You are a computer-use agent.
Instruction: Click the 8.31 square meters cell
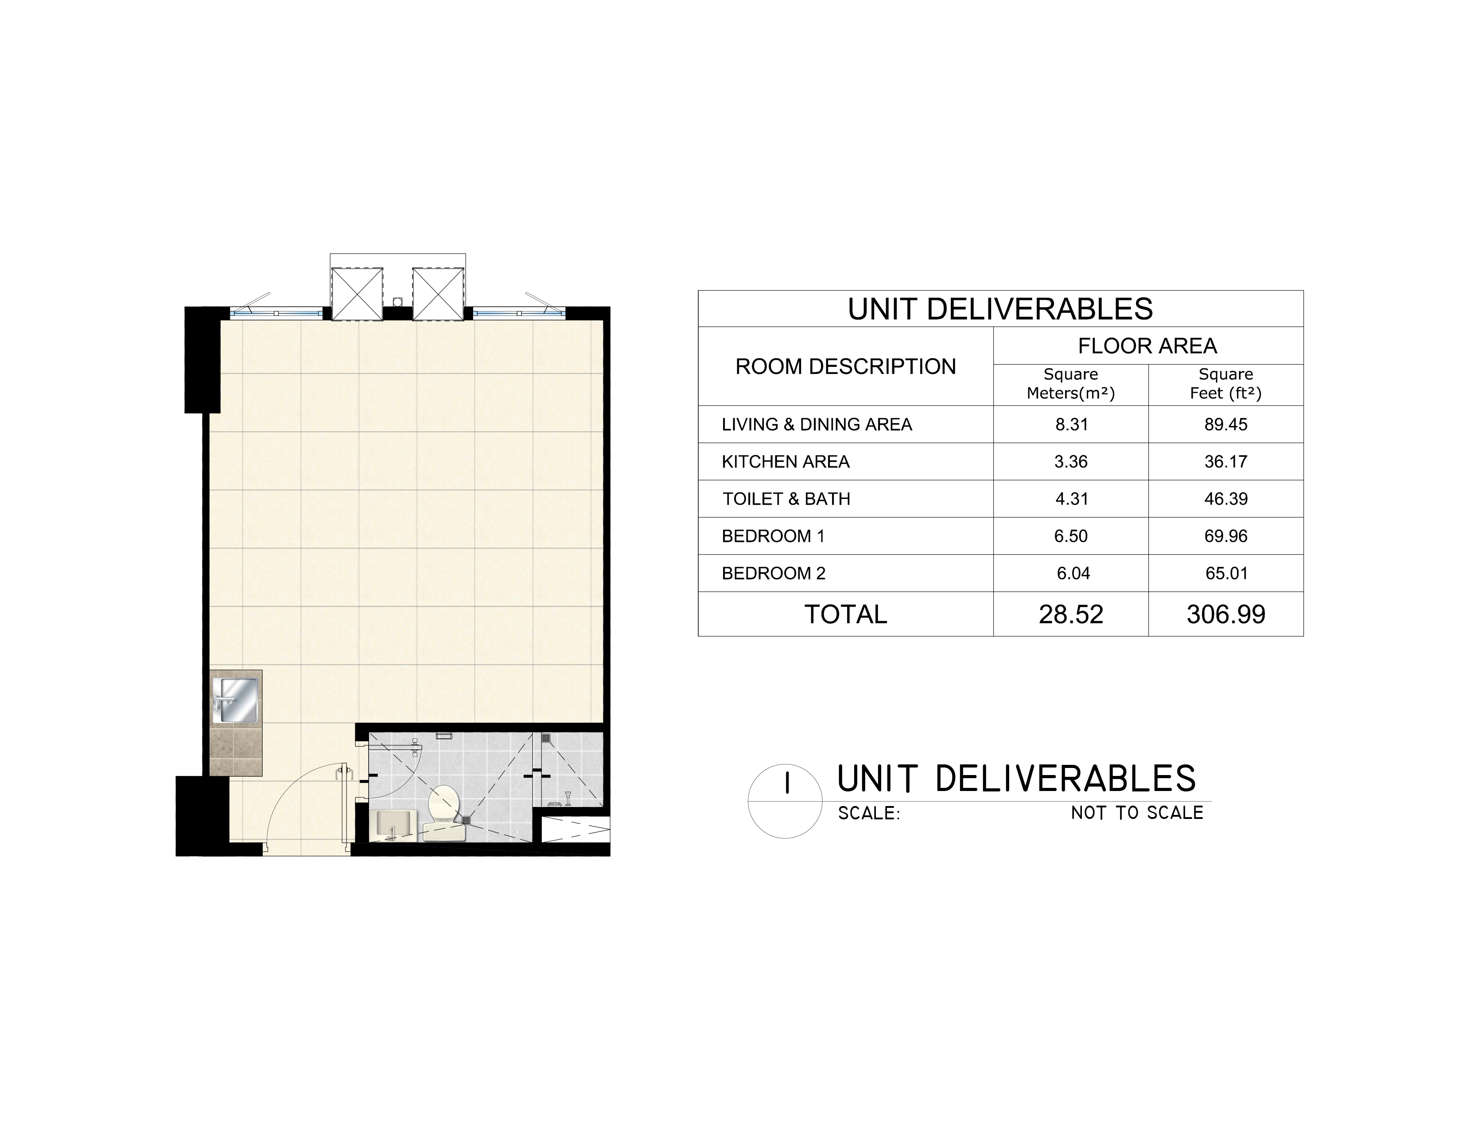(1071, 425)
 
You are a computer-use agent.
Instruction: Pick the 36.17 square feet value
(1226, 462)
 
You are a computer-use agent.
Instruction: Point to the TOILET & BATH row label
(786, 499)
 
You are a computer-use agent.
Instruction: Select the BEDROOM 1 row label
(773, 536)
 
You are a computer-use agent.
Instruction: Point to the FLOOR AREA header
(1147, 346)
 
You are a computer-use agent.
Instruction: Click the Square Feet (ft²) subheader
(1226, 384)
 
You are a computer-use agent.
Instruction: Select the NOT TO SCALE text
(1137, 813)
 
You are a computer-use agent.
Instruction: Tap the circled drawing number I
(785, 801)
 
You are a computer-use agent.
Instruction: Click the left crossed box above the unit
(358, 294)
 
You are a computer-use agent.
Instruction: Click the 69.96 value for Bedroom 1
(1226, 536)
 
